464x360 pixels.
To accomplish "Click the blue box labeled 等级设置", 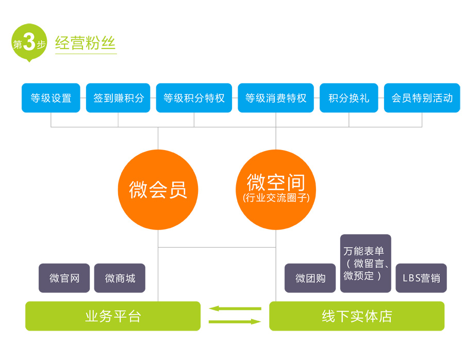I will click(51, 98).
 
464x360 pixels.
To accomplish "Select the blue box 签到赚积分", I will click(118, 98).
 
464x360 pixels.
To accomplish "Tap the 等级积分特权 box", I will click(194, 98).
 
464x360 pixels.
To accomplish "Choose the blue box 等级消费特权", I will click(276, 98).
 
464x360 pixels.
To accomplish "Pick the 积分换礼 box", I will click(349, 98).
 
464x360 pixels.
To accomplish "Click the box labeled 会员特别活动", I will click(422, 98).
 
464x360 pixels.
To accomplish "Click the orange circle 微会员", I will click(158, 190).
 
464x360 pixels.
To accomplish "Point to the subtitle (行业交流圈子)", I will click(276, 198).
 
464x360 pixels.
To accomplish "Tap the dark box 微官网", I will click(64, 279).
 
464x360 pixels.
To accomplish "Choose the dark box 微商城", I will click(120, 279).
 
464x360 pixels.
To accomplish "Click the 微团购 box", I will click(310, 279).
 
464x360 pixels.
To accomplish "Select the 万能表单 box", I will click(366, 264).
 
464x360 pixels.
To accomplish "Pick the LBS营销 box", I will click(421, 279).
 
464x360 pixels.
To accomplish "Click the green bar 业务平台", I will click(113, 316).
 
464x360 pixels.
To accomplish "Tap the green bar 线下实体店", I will click(357, 316).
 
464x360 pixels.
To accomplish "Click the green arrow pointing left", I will click(235, 309).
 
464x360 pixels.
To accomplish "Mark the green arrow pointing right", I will click(235, 322).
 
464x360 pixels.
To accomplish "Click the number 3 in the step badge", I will click(29, 43).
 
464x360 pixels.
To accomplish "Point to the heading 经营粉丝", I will click(86, 43).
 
